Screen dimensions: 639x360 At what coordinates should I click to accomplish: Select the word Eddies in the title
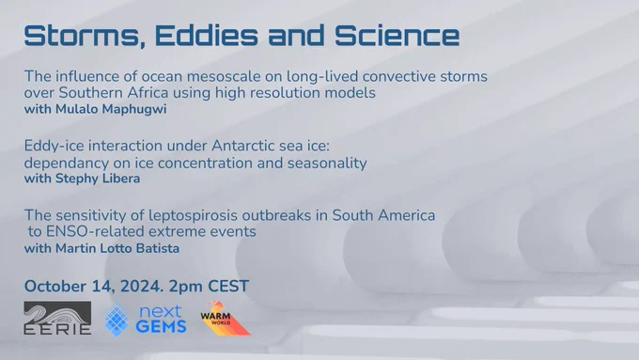tap(206, 35)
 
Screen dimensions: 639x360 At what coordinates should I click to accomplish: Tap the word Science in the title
tap(397, 35)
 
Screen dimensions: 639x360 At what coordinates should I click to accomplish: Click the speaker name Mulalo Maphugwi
tap(111, 109)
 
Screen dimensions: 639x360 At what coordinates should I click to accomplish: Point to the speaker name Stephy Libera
tap(98, 179)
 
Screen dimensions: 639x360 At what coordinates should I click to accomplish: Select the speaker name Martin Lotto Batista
tap(117, 248)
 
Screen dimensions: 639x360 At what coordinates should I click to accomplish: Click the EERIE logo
tap(57, 318)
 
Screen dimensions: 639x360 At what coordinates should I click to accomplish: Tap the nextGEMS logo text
tap(162, 320)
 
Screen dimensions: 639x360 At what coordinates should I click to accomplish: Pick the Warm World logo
tap(225, 319)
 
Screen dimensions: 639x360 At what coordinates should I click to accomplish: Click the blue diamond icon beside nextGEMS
tap(117, 320)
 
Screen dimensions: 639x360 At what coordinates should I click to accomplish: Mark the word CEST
tap(228, 286)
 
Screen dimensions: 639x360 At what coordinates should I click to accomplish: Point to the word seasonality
tap(327, 164)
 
